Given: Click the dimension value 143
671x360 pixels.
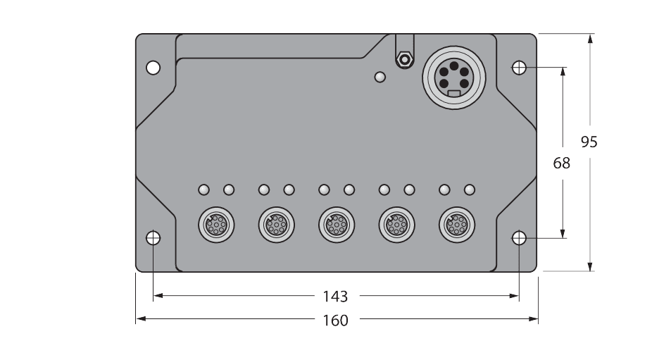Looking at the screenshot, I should pos(335,297).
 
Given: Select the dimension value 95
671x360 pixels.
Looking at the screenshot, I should pos(589,142).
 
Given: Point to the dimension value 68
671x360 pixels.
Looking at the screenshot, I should pos(561,163).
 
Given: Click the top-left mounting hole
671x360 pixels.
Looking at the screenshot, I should pos(153,68).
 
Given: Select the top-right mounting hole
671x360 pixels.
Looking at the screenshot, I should pos(519,68).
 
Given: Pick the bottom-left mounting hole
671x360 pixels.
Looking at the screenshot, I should pos(153,238).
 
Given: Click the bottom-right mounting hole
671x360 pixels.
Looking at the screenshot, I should pos(519,238).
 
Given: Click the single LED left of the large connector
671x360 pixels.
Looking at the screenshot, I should pos(380,77).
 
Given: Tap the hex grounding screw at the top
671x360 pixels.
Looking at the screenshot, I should pos(404,58).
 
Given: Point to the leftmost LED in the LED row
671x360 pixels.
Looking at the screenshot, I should pos(204,190).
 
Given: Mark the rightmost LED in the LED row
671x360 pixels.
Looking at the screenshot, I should pos(470,190).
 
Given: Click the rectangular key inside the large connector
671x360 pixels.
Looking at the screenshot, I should pos(454,93).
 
